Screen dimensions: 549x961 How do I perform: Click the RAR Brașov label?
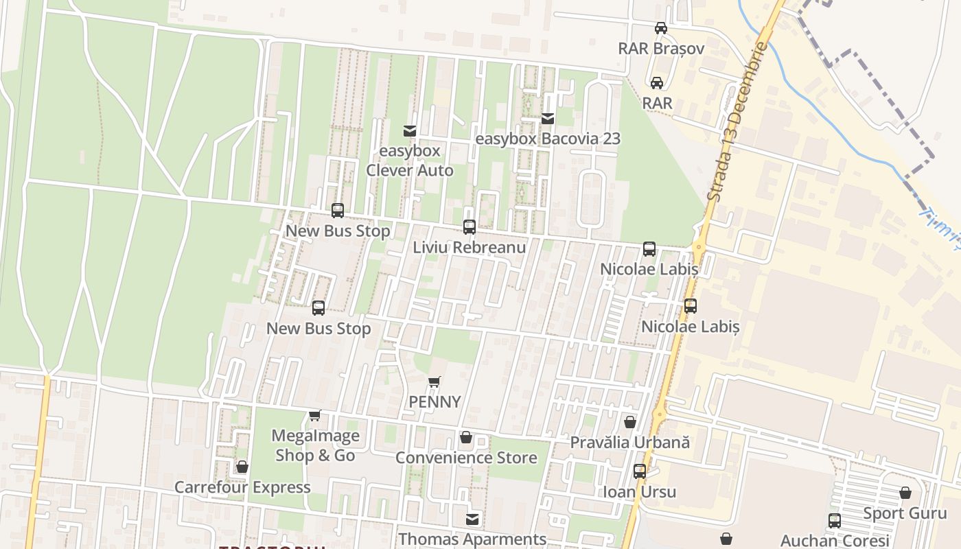661,49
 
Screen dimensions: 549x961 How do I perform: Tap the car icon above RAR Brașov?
661,28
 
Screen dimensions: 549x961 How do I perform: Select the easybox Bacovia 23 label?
548,139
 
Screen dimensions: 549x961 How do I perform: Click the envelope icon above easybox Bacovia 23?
548,119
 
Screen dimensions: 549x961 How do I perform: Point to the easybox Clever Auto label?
410,161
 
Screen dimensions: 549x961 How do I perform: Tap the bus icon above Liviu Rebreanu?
470,227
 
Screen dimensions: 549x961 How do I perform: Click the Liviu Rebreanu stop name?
470,247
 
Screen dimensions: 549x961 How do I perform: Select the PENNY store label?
435,402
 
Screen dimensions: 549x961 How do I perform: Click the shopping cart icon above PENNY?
434,382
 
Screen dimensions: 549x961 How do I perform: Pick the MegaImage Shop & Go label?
315,445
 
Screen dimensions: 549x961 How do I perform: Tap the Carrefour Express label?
242,487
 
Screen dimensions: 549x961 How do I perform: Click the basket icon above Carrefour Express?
242,467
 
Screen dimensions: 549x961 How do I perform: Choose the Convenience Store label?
466,458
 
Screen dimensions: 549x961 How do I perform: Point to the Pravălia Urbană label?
629,443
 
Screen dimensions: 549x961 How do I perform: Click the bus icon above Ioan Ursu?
639,471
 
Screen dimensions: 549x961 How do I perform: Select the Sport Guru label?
905,513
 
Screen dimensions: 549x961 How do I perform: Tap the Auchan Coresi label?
835,540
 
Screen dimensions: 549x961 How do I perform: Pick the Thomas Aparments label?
472,539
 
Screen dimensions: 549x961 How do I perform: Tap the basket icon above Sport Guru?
905,493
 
